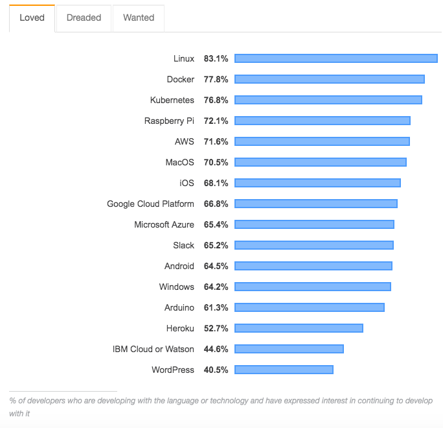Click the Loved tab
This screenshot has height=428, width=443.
(x=32, y=18)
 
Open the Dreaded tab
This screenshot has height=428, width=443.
(x=84, y=18)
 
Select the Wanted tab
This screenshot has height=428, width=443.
(x=138, y=18)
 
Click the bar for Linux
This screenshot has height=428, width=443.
(x=335, y=58)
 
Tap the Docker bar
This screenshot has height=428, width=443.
(x=329, y=79)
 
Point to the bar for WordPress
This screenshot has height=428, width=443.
(x=284, y=370)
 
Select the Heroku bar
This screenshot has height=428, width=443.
(x=299, y=328)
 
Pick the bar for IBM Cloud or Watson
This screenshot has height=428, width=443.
(x=289, y=349)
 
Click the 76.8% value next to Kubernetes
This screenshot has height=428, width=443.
(x=216, y=100)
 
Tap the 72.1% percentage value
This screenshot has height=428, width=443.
(x=216, y=121)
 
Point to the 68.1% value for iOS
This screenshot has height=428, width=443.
(x=216, y=183)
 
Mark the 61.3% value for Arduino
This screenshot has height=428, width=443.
(x=216, y=307)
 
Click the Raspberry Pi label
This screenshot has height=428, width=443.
(x=169, y=121)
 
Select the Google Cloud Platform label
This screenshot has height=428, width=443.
(x=150, y=204)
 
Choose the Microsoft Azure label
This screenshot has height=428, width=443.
(x=164, y=224)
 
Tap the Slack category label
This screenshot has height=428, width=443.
(x=183, y=245)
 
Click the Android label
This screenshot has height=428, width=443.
(x=179, y=266)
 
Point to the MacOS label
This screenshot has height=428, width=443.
(x=179, y=162)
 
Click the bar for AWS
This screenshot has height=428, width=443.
(x=322, y=141)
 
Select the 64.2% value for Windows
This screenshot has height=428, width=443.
(x=216, y=287)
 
